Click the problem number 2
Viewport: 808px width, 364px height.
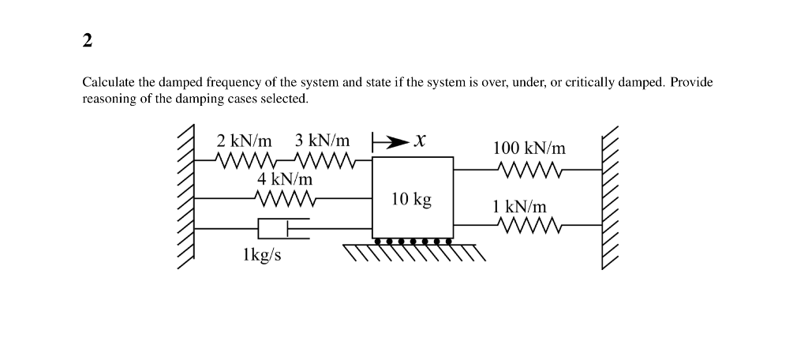88,41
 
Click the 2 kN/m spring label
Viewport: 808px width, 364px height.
244,141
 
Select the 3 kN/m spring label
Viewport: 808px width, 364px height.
322,141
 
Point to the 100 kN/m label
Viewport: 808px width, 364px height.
529,148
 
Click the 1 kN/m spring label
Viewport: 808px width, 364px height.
518,207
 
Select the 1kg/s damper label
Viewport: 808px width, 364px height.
262,256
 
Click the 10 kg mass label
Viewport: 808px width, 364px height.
412,199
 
